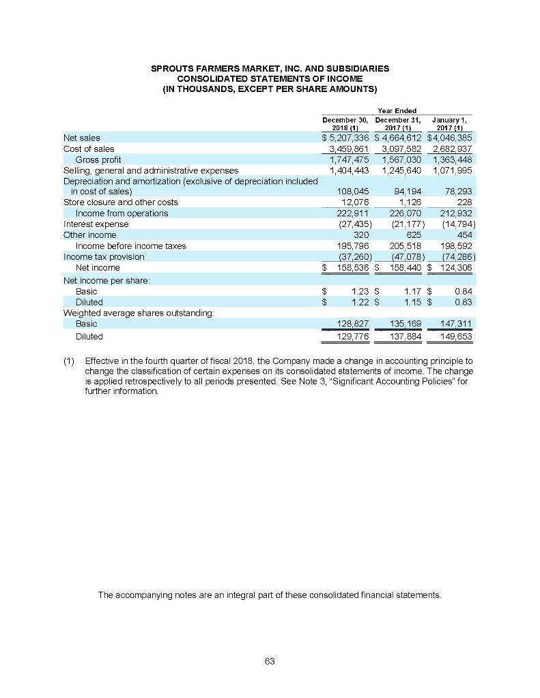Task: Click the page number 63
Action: pos(269,661)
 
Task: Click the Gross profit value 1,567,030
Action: pos(399,159)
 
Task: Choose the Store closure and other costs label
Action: pos(120,202)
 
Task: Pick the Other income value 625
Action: pos(409,235)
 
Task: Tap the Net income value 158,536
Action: pos(351,268)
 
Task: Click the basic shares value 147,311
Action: pos(453,324)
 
